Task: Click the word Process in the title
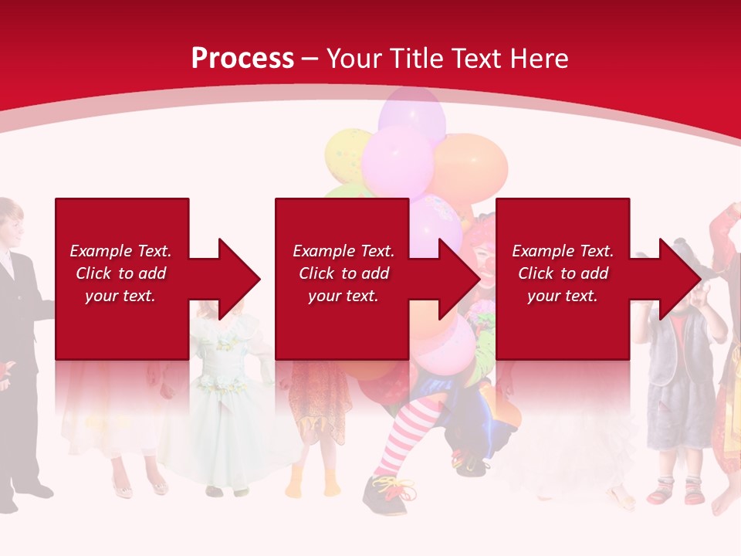pyautogui.click(x=242, y=59)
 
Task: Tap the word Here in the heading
pyautogui.click(x=536, y=59)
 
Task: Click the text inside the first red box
pyautogui.click(x=120, y=273)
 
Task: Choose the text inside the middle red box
pyautogui.click(x=343, y=273)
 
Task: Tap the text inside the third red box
pyautogui.click(x=562, y=273)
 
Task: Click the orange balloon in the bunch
pyautogui.click(x=472, y=166)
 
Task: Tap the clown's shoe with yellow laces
pyautogui.click(x=386, y=493)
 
